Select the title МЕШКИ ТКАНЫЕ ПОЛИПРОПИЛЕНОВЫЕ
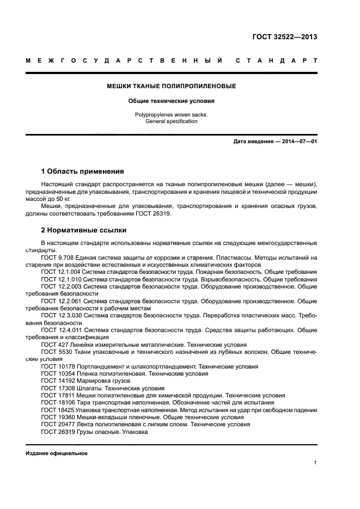click(x=172, y=86)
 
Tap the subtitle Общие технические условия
click(x=172, y=101)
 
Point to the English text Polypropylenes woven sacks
click(x=172, y=115)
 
